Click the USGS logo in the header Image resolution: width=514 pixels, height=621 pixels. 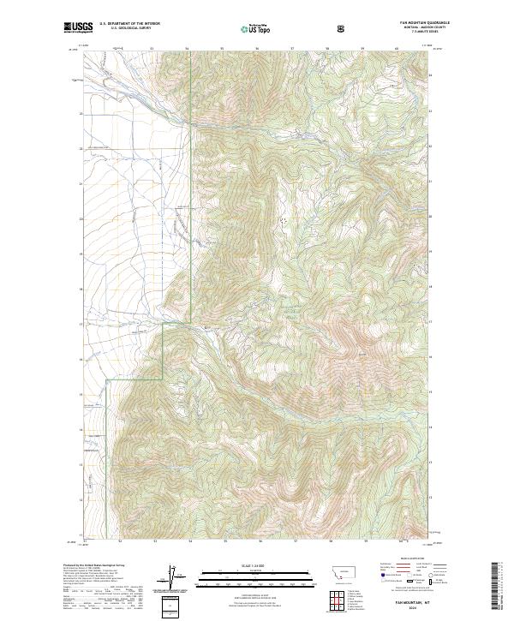[x=79, y=28]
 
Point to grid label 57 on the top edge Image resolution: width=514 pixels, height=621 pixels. [x=293, y=49]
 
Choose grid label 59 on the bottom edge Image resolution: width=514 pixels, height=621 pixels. [x=363, y=541]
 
